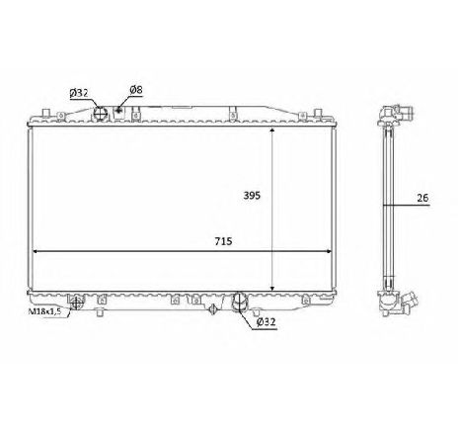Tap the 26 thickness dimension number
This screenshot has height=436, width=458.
(423, 198)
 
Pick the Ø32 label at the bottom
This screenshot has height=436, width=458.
(266, 321)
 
